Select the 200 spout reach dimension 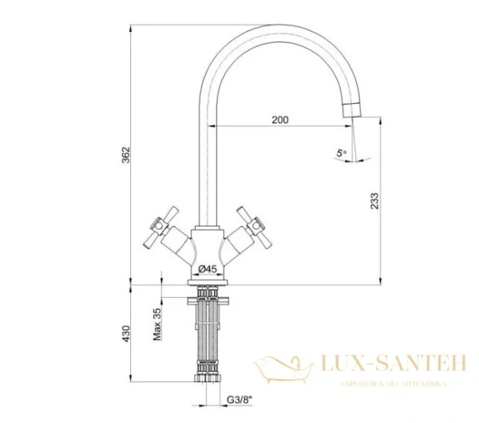tap(279, 120)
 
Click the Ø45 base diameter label tap(208, 268)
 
